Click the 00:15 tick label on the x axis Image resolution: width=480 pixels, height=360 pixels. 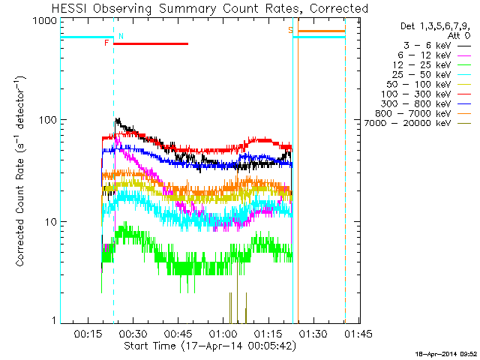point(88,332)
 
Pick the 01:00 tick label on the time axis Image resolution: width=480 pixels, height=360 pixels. point(223,332)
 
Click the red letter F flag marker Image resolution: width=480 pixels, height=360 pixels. point(107,43)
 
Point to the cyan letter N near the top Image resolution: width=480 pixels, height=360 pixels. point(121,36)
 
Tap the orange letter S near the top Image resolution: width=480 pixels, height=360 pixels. point(290,30)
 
